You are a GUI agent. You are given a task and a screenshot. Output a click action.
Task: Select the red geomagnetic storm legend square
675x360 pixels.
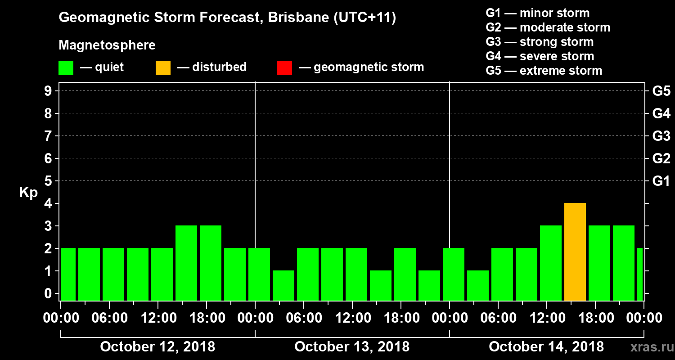284,68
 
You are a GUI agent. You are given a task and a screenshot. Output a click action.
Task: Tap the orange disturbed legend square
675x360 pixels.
163,68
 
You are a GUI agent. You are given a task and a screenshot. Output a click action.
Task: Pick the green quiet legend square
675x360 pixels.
66,68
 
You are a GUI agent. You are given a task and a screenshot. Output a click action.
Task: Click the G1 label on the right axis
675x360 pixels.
661,181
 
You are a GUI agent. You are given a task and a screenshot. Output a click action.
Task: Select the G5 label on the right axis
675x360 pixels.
661,91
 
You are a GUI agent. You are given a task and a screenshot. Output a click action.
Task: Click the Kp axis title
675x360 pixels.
28,193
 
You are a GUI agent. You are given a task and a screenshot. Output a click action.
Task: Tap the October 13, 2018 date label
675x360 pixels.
352,347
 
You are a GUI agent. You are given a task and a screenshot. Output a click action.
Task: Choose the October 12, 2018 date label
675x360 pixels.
157,347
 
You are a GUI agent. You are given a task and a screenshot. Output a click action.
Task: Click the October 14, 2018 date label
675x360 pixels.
546,347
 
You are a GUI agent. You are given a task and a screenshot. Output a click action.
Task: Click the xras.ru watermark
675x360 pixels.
648,347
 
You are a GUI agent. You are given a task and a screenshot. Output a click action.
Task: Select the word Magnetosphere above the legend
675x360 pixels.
107,45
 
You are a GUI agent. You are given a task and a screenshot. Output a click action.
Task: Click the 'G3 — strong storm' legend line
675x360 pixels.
540,42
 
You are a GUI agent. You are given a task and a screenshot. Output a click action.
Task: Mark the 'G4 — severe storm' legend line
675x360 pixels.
540,56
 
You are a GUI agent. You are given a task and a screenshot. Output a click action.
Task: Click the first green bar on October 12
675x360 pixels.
68,274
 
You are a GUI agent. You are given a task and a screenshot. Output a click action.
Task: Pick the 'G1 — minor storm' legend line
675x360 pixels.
537,13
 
